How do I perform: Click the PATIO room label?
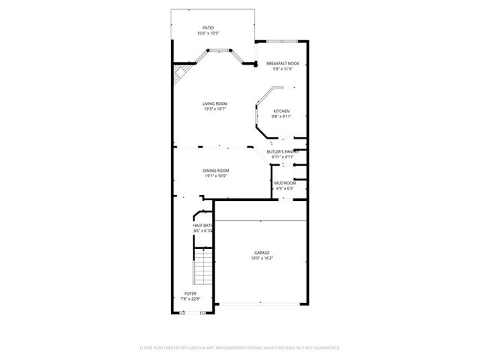[x=208, y=28]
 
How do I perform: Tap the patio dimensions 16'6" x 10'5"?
[x=208, y=34]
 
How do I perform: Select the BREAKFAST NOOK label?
[x=282, y=64]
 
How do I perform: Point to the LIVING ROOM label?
[x=214, y=103]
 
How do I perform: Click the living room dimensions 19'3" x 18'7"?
[x=214, y=109]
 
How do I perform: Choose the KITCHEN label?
[x=281, y=110]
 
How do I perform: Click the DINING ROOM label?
[x=215, y=170]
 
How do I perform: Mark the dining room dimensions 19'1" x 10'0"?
[x=215, y=176]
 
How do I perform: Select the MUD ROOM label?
[x=284, y=183]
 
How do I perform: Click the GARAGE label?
[x=261, y=253]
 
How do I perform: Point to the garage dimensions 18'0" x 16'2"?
[x=261, y=259]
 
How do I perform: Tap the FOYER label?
[x=190, y=293]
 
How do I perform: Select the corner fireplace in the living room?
[x=180, y=76]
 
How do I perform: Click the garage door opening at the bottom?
[x=260, y=304]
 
